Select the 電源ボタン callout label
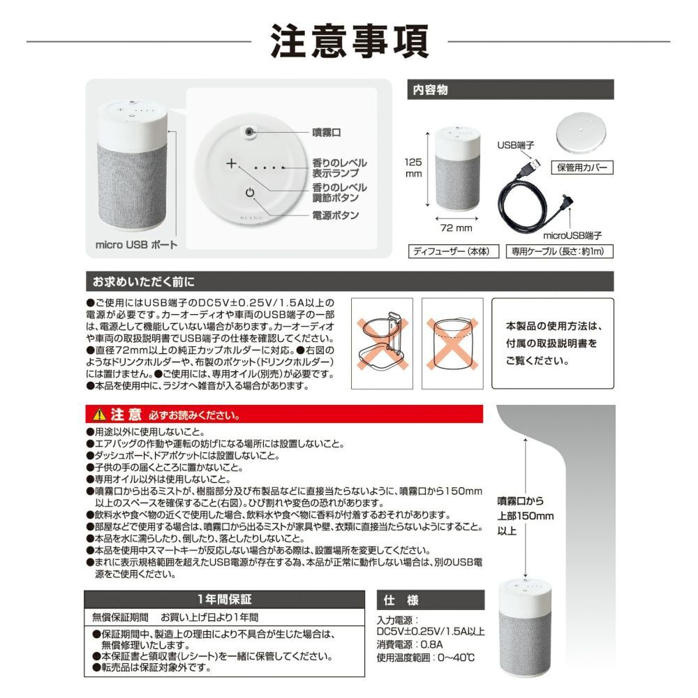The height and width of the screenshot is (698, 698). [x=335, y=215]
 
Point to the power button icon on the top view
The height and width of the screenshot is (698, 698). [x=250, y=195]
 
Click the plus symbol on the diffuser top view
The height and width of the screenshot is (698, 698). [x=232, y=164]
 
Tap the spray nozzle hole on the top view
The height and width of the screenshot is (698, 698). [x=249, y=131]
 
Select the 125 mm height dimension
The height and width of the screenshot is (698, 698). [x=413, y=168]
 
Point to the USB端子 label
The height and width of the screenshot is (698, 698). [x=516, y=145]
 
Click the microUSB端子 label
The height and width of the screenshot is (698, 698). [x=572, y=236]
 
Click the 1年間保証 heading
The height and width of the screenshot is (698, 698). [x=224, y=599]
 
